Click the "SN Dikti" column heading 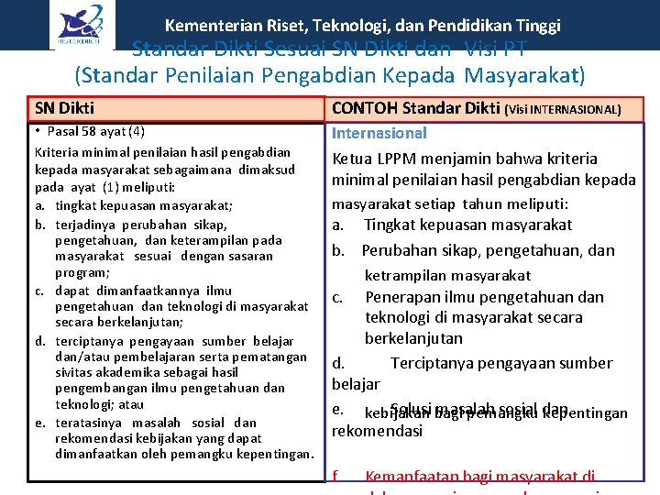click(64, 108)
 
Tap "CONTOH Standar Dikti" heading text click(415, 109)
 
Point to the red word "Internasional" click(379, 134)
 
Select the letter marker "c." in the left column click(41, 291)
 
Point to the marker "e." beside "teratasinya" click(41, 423)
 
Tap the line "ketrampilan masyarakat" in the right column click(447, 275)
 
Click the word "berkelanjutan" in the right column click(413, 338)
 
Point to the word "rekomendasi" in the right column click(377, 431)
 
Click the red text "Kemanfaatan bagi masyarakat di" click(479, 476)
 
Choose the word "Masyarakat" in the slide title click(524, 74)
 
